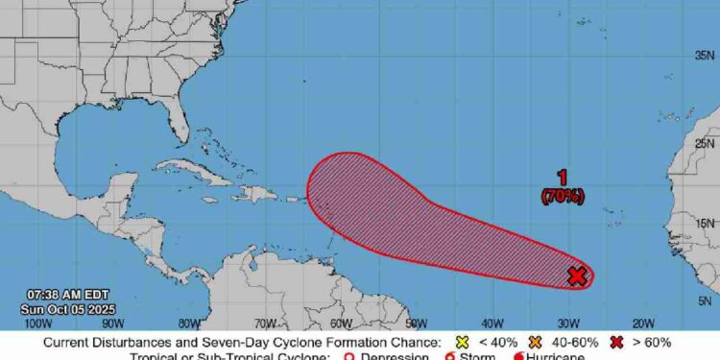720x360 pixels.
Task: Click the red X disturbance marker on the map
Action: pyautogui.click(x=576, y=276)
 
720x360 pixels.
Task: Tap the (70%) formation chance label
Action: pyautogui.click(x=563, y=196)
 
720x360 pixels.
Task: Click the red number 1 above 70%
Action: pyautogui.click(x=563, y=178)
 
